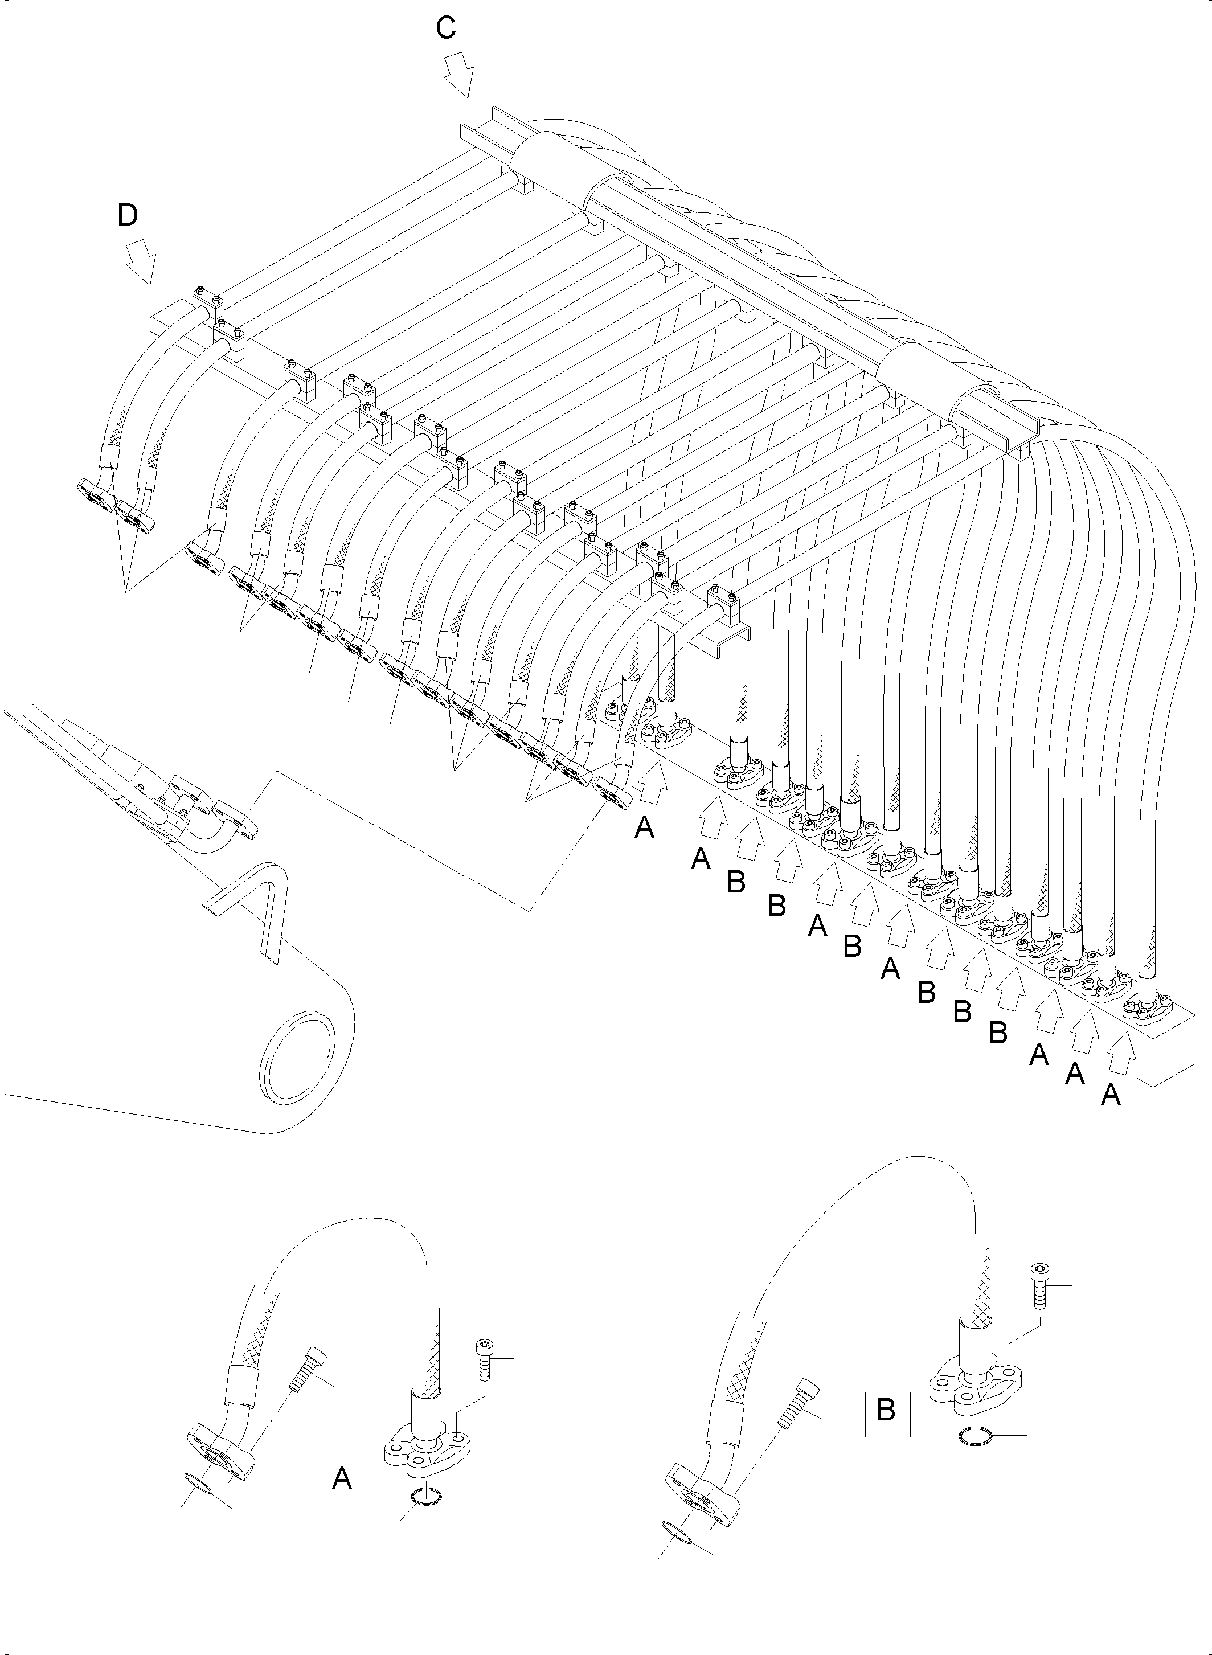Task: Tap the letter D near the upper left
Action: pos(128,216)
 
